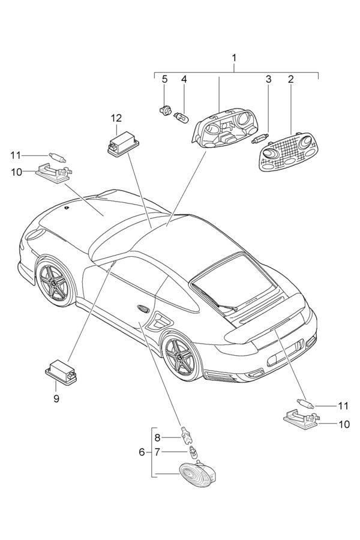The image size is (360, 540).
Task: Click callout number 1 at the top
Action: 234,58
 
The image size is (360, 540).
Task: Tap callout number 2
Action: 290,79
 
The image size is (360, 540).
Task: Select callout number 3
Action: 269,79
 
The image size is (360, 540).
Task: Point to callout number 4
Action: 185,79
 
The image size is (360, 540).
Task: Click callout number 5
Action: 164,79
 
